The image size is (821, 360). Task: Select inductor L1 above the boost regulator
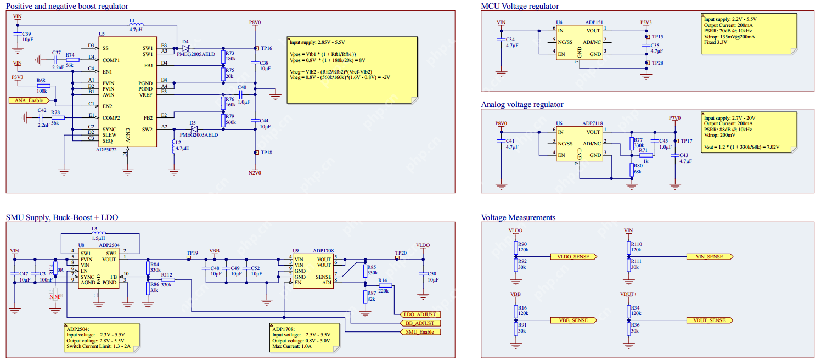point(136,25)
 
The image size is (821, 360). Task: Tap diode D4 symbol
point(185,48)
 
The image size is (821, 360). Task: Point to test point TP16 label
point(266,48)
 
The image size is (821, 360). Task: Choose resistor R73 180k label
point(230,55)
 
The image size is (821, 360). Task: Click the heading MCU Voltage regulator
point(520,6)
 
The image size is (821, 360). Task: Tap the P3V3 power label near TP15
point(646,22)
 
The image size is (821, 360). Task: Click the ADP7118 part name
point(593,124)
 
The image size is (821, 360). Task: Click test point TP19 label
point(192,253)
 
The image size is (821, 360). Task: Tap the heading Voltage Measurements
point(518,217)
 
